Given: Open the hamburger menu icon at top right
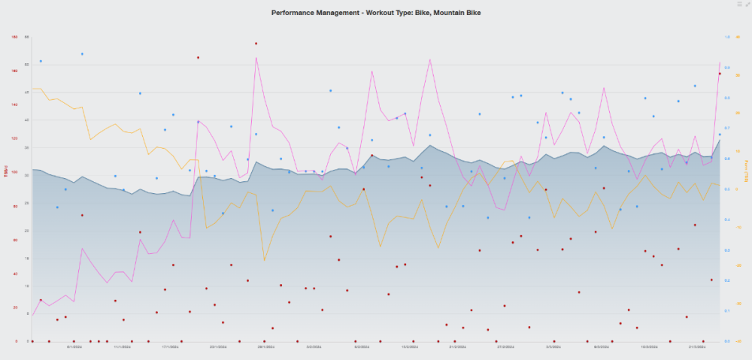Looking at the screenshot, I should [x=740, y=5].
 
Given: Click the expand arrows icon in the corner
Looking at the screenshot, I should [x=747, y=5].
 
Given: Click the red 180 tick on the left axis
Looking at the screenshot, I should [x=14, y=37].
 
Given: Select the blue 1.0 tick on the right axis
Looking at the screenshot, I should [x=727, y=37].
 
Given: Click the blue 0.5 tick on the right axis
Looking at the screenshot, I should [x=727, y=189].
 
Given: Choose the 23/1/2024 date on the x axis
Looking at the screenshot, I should [x=218, y=347].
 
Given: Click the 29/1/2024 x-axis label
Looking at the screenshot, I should [x=265, y=347].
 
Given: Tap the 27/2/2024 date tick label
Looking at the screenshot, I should [x=505, y=347].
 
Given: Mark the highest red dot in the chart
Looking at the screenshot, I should [x=256, y=44].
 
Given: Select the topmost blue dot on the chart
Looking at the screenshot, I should [x=82, y=54].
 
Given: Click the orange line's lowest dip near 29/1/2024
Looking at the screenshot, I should [x=265, y=260].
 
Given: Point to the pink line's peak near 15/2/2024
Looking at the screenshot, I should [x=430, y=59].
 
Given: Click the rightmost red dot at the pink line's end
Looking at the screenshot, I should [x=720, y=74].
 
